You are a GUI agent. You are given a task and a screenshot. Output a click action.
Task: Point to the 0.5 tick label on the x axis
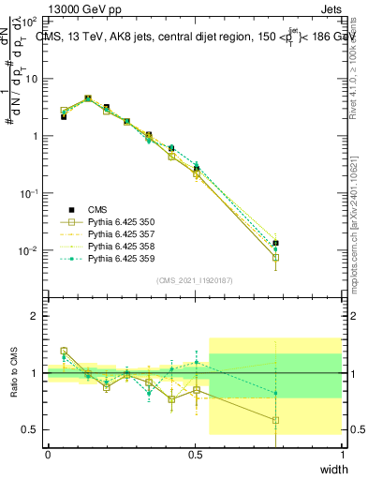click(x=195, y=455)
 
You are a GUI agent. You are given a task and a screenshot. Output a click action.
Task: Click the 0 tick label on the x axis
click(x=48, y=455)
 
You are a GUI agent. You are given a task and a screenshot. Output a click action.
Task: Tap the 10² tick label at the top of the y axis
click(x=30, y=21)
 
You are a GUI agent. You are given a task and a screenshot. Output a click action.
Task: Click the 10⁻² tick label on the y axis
click(x=30, y=250)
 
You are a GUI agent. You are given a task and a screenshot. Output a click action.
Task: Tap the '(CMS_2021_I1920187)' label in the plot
click(x=195, y=280)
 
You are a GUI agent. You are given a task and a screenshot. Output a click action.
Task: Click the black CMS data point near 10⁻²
click(x=275, y=244)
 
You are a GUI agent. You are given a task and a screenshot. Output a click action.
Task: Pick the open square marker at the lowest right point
click(x=275, y=258)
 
